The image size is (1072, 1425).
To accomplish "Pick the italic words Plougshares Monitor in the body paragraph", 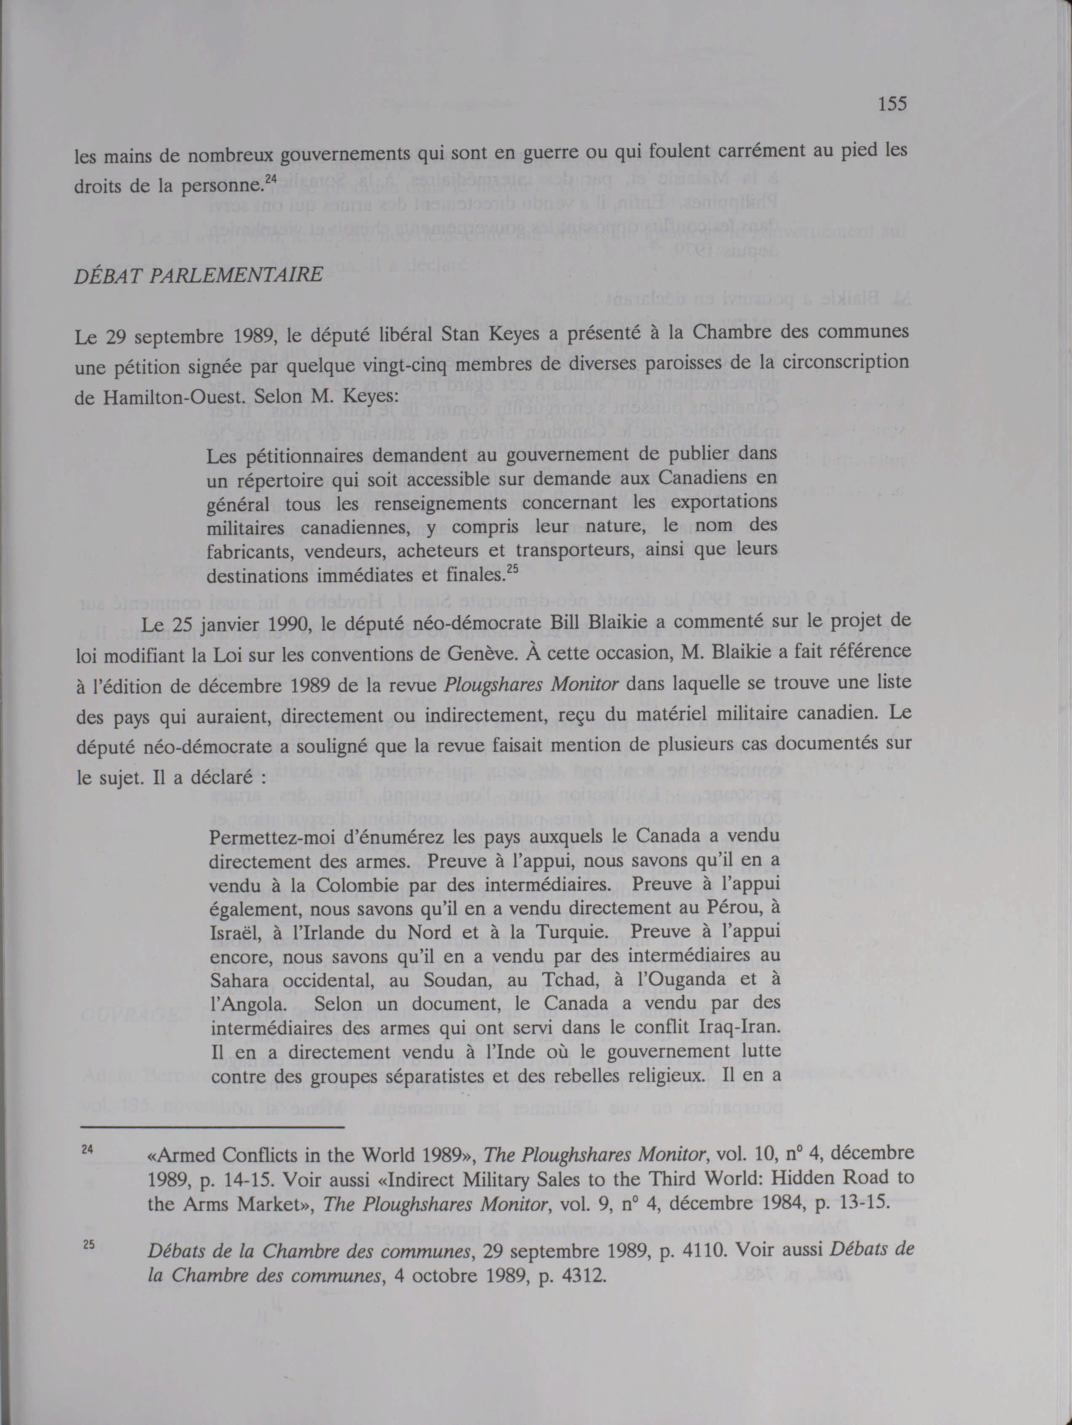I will click(532, 684).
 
